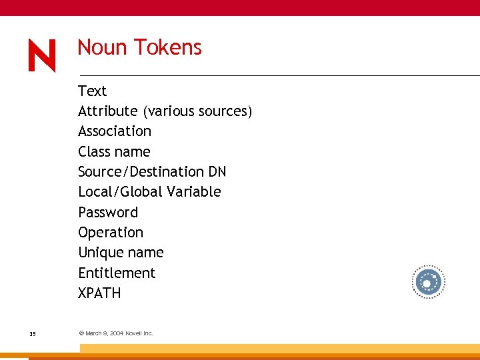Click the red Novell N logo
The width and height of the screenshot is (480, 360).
point(42,56)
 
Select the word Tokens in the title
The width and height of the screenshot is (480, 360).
point(167,47)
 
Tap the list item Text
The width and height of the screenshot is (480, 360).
point(92,91)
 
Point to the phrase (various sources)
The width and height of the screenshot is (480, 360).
point(197,111)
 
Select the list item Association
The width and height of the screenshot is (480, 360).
point(115,131)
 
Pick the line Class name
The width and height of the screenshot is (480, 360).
point(114,151)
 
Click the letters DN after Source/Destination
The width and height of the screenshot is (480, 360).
point(217,172)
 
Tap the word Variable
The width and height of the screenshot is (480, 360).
point(194,192)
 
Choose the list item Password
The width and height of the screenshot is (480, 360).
point(108,213)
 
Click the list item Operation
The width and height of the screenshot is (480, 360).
point(111,233)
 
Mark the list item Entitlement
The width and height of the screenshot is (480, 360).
point(117,273)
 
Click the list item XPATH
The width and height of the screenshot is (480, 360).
point(99,293)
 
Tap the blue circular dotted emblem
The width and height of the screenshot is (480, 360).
point(427,283)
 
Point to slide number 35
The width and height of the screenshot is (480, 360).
point(33,333)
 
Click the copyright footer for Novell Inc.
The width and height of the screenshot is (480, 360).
point(116,333)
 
